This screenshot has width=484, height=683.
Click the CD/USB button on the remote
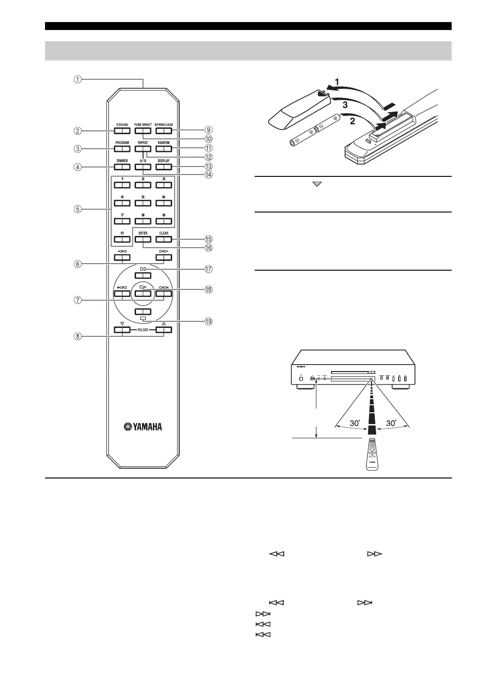122,131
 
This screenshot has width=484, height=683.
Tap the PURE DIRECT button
143,131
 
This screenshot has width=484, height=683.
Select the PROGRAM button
122,149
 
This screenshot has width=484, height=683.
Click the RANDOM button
164,149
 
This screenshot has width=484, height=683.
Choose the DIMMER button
122,167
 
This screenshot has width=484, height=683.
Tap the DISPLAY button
164,167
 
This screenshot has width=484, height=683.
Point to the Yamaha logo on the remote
143,426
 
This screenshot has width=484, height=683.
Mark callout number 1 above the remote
76,79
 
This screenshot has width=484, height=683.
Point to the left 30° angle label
354,423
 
